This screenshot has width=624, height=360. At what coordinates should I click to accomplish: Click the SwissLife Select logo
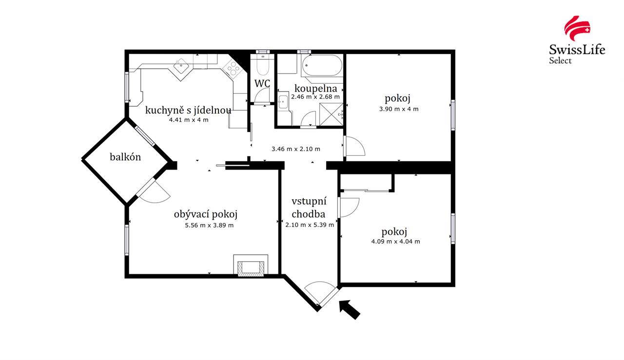pos(577,39)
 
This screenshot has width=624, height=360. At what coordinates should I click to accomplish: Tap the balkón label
pos(125,157)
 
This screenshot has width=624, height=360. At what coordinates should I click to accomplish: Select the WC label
pos(262,83)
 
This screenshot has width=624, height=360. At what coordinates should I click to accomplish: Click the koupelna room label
pos(315,88)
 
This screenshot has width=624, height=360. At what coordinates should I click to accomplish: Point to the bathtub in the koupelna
pos(321,65)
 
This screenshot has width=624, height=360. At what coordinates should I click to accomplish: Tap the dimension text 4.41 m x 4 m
pos(188,120)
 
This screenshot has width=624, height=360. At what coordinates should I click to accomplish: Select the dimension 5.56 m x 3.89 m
pos(209,225)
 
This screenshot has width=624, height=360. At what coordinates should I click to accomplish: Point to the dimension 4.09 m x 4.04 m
pos(395,241)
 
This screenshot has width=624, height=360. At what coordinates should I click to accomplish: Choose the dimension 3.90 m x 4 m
pos(398,109)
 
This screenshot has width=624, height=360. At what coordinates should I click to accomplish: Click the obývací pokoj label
pos(205,214)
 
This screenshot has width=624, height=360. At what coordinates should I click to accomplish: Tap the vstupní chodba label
pos(309,208)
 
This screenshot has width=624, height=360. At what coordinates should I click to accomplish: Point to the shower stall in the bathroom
pos(332,116)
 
